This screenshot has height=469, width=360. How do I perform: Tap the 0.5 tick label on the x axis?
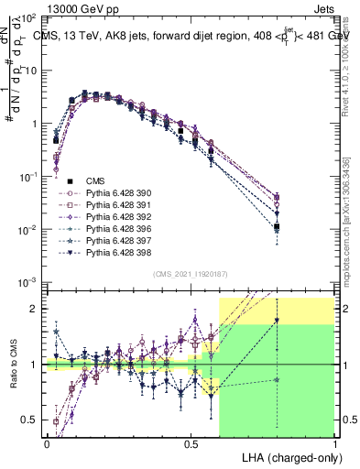(191, 442)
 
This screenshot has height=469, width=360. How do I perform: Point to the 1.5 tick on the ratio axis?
(33, 336)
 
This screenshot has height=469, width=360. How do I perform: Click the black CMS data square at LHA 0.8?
(277, 226)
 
